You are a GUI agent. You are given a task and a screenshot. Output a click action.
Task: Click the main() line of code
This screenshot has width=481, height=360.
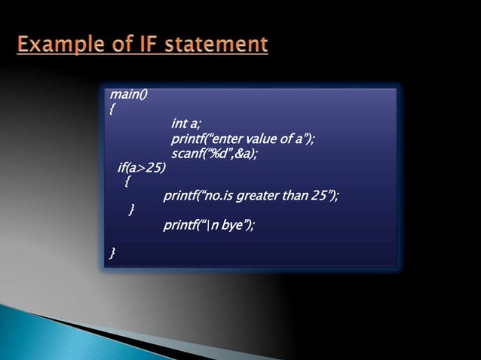pyautogui.click(x=129, y=95)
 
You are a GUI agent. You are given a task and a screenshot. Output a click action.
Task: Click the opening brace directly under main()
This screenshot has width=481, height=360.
pyautogui.click(x=112, y=109)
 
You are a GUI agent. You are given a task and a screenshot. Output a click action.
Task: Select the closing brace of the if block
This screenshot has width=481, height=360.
pyautogui.click(x=133, y=210)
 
